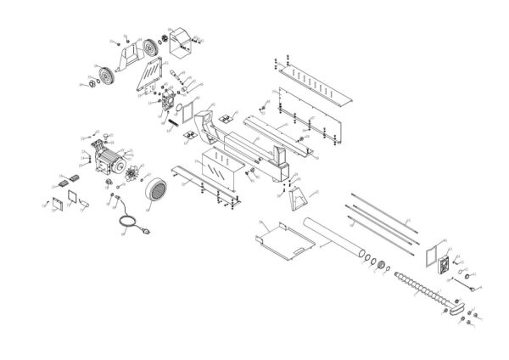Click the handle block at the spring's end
pos(463,309)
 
